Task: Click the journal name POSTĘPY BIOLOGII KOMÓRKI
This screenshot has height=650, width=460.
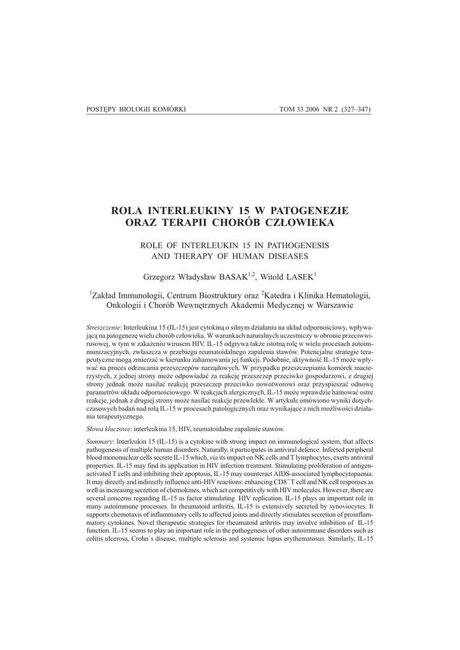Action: [135, 109]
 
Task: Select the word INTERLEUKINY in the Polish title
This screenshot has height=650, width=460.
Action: [190, 210]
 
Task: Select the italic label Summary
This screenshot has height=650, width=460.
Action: [98, 441]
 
